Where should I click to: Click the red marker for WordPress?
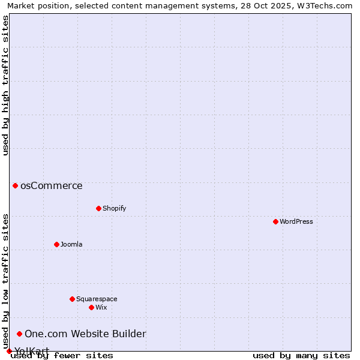275,221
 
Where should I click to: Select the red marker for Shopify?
98,208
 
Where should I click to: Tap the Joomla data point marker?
56,244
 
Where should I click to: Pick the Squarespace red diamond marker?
72,299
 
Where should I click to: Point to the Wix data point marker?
91,307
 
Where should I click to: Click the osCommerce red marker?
15,185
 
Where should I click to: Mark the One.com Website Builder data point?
19,334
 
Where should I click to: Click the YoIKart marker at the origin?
9,351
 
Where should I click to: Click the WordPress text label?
296,221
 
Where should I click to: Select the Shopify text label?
114,208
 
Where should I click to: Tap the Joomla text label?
71,244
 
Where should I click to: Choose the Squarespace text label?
97,299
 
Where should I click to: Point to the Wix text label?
101,307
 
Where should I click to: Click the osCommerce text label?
52,185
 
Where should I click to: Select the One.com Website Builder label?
85,334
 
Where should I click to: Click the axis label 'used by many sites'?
301,355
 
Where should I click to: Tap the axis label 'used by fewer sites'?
62,355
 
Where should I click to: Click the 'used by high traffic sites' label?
5,85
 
